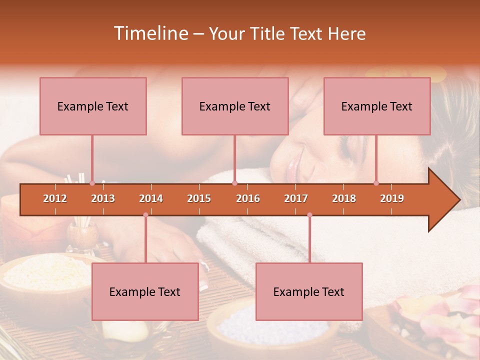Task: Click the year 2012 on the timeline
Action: (55, 198)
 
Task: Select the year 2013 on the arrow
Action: (103, 198)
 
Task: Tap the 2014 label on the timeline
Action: (151, 198)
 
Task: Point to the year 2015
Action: (199, 198)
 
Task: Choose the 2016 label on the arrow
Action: (248, 198)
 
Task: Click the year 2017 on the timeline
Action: (296, 198)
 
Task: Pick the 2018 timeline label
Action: (344, 198)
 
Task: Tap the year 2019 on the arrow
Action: (392, 198)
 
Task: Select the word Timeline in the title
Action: (150, 33)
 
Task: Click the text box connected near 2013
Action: (93, 106)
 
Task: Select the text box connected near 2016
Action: (235, 106)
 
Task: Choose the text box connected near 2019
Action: (377, 106)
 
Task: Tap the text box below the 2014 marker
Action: (145, 291)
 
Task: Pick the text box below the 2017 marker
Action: (309, 291)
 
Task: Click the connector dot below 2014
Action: (145, 215)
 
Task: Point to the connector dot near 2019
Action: (376, 183)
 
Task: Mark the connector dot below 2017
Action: (309, 215)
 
